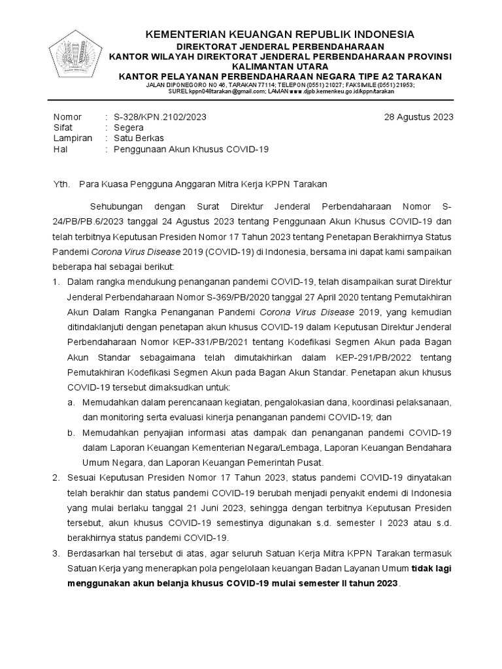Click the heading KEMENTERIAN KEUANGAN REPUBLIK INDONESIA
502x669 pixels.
pos(279,34)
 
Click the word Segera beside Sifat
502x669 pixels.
pos(128,127)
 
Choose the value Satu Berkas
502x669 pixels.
pos(139,139)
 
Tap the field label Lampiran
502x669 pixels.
pos(71,139)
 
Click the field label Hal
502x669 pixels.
pos(59,149)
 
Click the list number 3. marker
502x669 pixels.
pos(56,554)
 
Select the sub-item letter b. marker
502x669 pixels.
pos(71,433)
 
